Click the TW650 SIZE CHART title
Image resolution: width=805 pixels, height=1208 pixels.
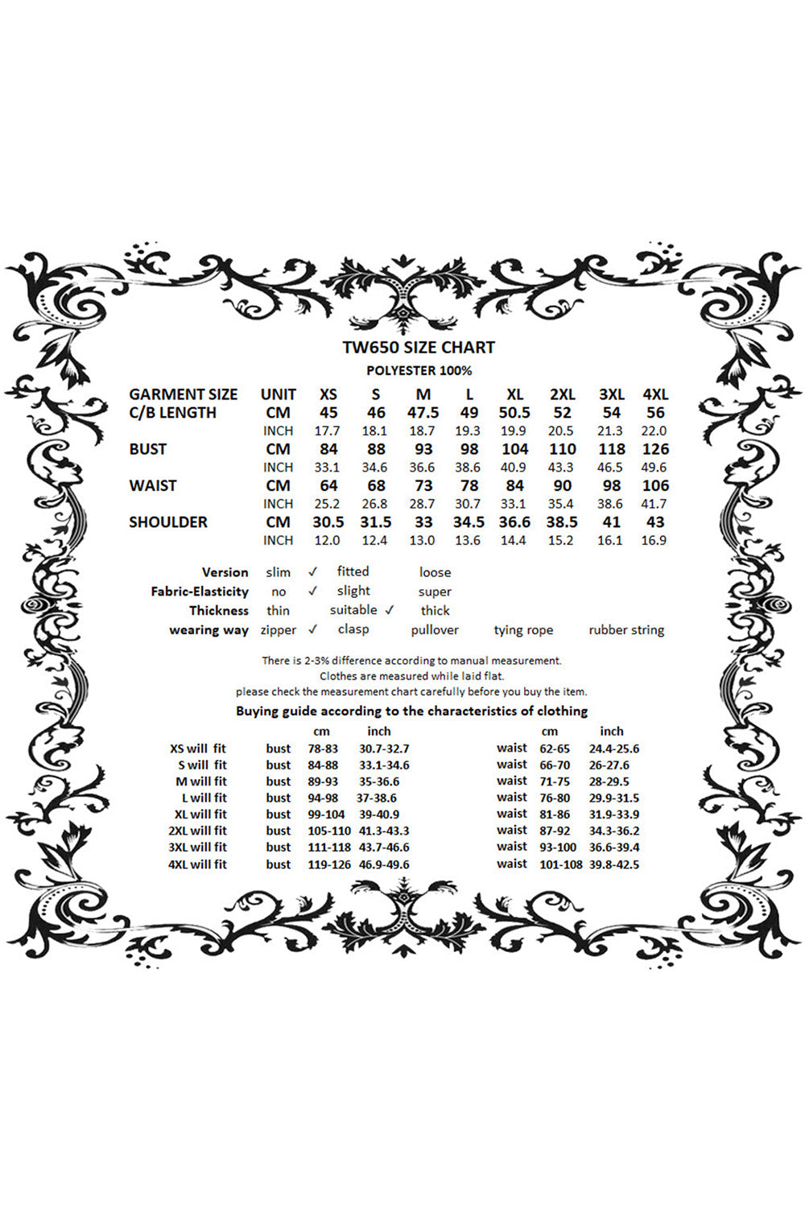tap(419, 348)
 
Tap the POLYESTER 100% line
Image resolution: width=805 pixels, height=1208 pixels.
tap(419, 371)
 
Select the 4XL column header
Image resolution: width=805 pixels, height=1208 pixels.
tap(655, 394)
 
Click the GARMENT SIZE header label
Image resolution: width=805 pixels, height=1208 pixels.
tap(184, 394)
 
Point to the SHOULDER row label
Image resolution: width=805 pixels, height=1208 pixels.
tap(168, 522)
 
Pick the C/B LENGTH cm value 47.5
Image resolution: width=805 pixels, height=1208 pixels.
tap(423, 413)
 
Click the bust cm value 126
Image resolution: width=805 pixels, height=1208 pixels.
tap(655, 449)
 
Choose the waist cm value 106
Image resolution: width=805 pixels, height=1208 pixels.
tap(655, 485)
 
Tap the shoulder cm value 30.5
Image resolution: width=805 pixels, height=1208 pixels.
tap(328, 522)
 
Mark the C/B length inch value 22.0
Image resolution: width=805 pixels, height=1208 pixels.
tap(654, 431)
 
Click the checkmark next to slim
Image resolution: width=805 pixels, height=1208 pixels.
tap(312, 572)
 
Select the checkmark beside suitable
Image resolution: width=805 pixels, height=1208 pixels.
tap(390, 610)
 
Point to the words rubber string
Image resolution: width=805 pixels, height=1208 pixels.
tap(626, 630)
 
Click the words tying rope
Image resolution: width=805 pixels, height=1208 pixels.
tap(523, 630)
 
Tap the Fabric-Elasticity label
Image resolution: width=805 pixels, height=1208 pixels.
tap(200, 592)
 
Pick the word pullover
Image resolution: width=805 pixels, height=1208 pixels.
tap(435, 630)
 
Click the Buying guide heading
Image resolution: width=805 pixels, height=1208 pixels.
tap(411, 711)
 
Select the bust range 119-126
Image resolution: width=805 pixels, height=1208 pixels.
tap(329, 864)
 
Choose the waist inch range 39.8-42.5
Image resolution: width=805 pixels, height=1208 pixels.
tap(614, 864)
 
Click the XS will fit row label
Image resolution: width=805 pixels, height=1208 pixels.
tap(198, 748)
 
